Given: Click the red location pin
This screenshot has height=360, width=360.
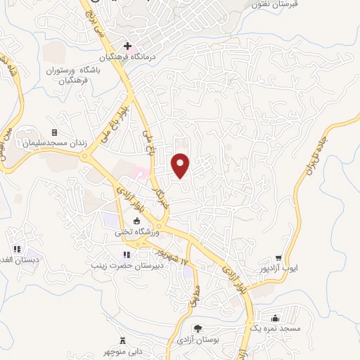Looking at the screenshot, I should point(181,165).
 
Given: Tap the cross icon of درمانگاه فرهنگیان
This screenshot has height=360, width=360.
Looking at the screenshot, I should point(127,46).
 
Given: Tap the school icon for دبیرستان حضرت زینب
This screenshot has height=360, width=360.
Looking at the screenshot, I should point(127,255).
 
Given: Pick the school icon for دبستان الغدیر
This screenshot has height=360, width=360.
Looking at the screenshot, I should point(16,248).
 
